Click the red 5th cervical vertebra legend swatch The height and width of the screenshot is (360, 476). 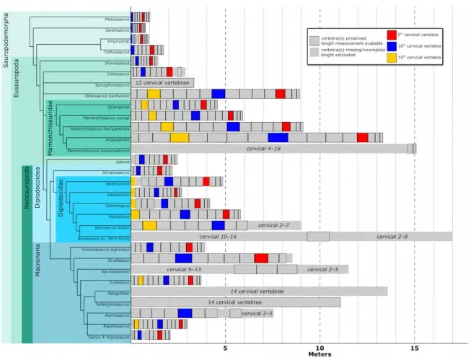point(392,34)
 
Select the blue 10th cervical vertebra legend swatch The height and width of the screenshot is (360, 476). point(392,45)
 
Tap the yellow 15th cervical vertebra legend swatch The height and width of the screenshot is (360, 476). point(392,57)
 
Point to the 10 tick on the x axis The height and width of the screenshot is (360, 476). point(319,346)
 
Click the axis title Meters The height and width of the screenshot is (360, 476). point(319,354)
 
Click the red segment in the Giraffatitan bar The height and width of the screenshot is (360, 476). point(261,258)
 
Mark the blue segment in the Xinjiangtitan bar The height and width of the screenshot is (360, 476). point(278,138)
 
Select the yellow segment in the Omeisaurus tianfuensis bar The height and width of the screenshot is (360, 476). point(154,94)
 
